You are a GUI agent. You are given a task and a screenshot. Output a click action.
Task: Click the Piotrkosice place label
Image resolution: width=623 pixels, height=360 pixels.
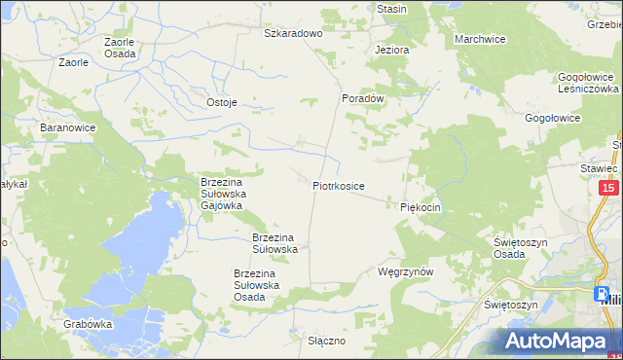coord(339,185)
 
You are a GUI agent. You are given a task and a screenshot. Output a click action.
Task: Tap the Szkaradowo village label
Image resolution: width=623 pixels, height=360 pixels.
coord(293,33)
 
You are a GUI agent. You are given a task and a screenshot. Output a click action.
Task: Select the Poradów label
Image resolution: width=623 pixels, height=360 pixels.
coord(364,98)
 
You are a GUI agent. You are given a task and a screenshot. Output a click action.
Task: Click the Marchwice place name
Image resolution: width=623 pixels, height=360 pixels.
coord(480,39)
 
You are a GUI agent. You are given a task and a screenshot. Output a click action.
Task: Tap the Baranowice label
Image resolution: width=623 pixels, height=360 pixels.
coord(66,127)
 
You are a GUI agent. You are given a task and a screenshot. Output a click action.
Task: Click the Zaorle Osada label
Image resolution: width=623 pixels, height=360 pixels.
coord(121,48)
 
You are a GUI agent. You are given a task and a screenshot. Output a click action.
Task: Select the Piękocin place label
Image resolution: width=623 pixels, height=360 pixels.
coord(421,207)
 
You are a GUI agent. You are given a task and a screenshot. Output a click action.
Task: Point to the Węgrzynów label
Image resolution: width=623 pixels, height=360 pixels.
coord(404,272)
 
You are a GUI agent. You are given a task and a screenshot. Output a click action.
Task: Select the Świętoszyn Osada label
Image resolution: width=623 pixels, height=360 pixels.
coord(523,247)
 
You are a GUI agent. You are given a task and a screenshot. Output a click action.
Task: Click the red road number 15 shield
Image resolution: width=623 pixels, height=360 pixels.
coord(608,189)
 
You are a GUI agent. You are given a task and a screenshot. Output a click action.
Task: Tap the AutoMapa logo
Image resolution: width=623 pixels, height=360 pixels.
coord(560,341)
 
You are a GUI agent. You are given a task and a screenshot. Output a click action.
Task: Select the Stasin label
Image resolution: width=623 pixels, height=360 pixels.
coord(391,9)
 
